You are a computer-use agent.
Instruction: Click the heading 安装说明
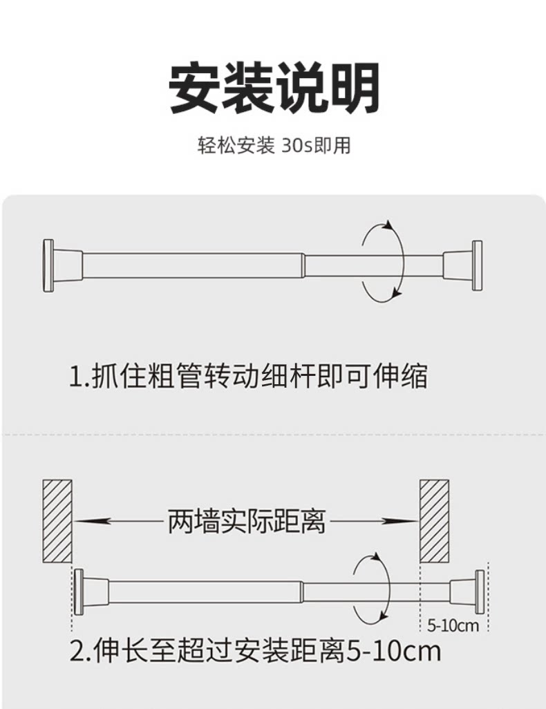coord(274,89)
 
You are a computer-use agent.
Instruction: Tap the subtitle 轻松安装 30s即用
coord(274,146)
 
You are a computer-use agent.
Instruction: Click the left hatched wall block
coord(57,520)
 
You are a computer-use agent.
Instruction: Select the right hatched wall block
coord(435,520)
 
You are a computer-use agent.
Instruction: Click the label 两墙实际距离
coord(246,522)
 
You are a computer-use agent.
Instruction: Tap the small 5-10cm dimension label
coord(453,627)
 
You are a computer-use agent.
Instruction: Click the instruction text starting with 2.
coord(256,651)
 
